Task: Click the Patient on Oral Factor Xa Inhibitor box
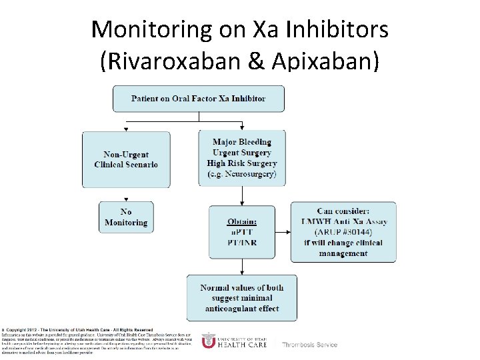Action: click(x=198, y=99)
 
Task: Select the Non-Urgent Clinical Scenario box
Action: click(x=126, y=159)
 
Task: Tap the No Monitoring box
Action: click(x=126, y=217)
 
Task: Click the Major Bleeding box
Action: click(x=242, y=158)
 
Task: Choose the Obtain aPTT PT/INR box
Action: click(x=241, y=232)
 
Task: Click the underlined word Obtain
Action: click(x=242, y=221)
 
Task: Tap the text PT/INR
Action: click(x=242, y=243)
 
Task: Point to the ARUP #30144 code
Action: click(x=343, y=232)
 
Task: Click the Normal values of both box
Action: click(x=242, y=298)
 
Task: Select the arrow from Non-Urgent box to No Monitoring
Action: click(x=126, y=194)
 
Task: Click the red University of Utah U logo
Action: click(x=209, y=341)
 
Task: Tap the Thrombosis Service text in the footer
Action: click(x=309, y=345)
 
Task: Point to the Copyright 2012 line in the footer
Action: click(x=77, y=330)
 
